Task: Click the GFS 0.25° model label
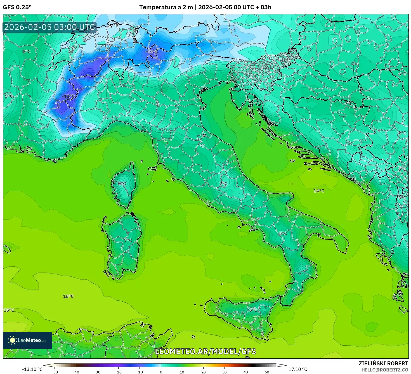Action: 17,7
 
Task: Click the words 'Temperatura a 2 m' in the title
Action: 166,7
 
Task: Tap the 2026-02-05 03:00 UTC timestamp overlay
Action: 49,27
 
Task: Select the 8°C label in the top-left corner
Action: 27,52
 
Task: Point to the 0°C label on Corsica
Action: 122,184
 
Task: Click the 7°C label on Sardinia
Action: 128,240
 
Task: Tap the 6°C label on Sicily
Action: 253,310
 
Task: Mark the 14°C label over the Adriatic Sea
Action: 319,191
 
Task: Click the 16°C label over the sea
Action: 68,296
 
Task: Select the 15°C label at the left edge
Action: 9,310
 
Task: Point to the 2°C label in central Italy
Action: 223,184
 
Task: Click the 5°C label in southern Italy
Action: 283,233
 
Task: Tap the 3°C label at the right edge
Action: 402,198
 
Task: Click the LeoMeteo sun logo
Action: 13,340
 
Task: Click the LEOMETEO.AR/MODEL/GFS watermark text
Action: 206,351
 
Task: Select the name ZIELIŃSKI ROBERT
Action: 383,363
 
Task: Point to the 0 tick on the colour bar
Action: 161,372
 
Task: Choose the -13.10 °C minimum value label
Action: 32,369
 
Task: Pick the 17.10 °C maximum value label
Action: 298,369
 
